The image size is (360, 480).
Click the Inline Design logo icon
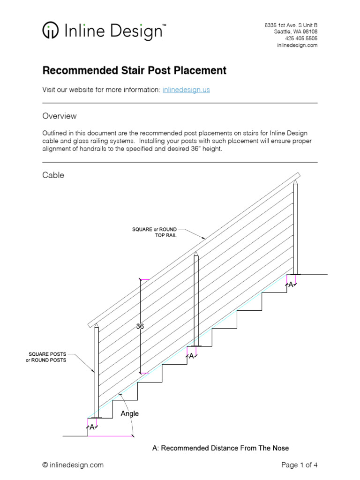tap(51, 31)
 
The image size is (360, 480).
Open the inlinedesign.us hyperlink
tap(186, 90)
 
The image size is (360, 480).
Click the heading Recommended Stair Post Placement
tap(135, 70)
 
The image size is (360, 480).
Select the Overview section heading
tap(60, 116)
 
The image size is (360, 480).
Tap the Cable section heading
tap(53, 175)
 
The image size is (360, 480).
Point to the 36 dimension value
tap(140, 327)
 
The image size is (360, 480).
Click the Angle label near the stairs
tap(130, 413)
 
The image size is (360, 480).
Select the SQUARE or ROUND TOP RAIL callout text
tap(155, 232)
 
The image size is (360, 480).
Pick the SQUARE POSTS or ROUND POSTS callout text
tap(46, 357)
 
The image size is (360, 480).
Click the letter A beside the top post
tap(291, 285)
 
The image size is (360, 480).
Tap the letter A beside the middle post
tap(191, 356)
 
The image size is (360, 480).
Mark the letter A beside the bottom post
tap(92, 427)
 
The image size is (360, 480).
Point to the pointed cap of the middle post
tap(196, 253)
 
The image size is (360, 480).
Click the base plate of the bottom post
tap(96, 417)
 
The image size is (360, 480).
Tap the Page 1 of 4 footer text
tap(300, 465)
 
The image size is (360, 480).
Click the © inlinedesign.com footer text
tap(73, 465)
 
